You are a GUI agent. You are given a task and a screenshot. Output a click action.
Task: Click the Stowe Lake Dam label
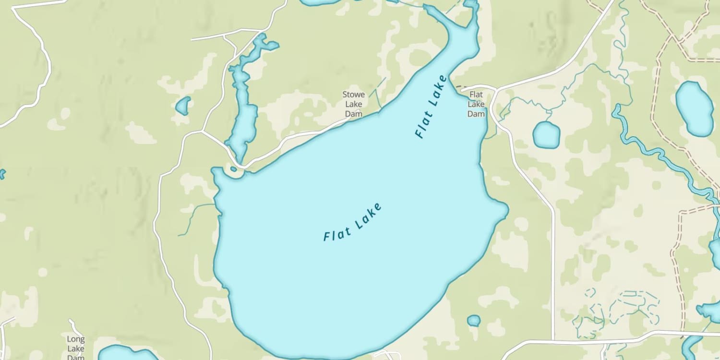[354, 104]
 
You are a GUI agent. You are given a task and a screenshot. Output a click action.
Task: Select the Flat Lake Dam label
[476, 104]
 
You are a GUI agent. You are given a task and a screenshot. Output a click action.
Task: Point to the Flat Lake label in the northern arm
[431, 107]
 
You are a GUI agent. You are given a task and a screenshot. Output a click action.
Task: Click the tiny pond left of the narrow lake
[183, 106]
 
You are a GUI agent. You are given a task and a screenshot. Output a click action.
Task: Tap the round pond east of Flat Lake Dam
[546, 134]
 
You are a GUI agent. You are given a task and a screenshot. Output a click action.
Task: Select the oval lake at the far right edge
[694, 108]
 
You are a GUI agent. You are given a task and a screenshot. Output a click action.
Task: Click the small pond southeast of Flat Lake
[474, 320]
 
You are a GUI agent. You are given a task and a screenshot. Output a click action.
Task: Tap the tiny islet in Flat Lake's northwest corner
[233, 168]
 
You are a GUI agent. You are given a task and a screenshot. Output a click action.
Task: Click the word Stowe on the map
[354, 95]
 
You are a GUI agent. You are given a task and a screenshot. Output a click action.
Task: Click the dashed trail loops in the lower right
[619, 307]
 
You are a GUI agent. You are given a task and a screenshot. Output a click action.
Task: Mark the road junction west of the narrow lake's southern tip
[202, 131]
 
